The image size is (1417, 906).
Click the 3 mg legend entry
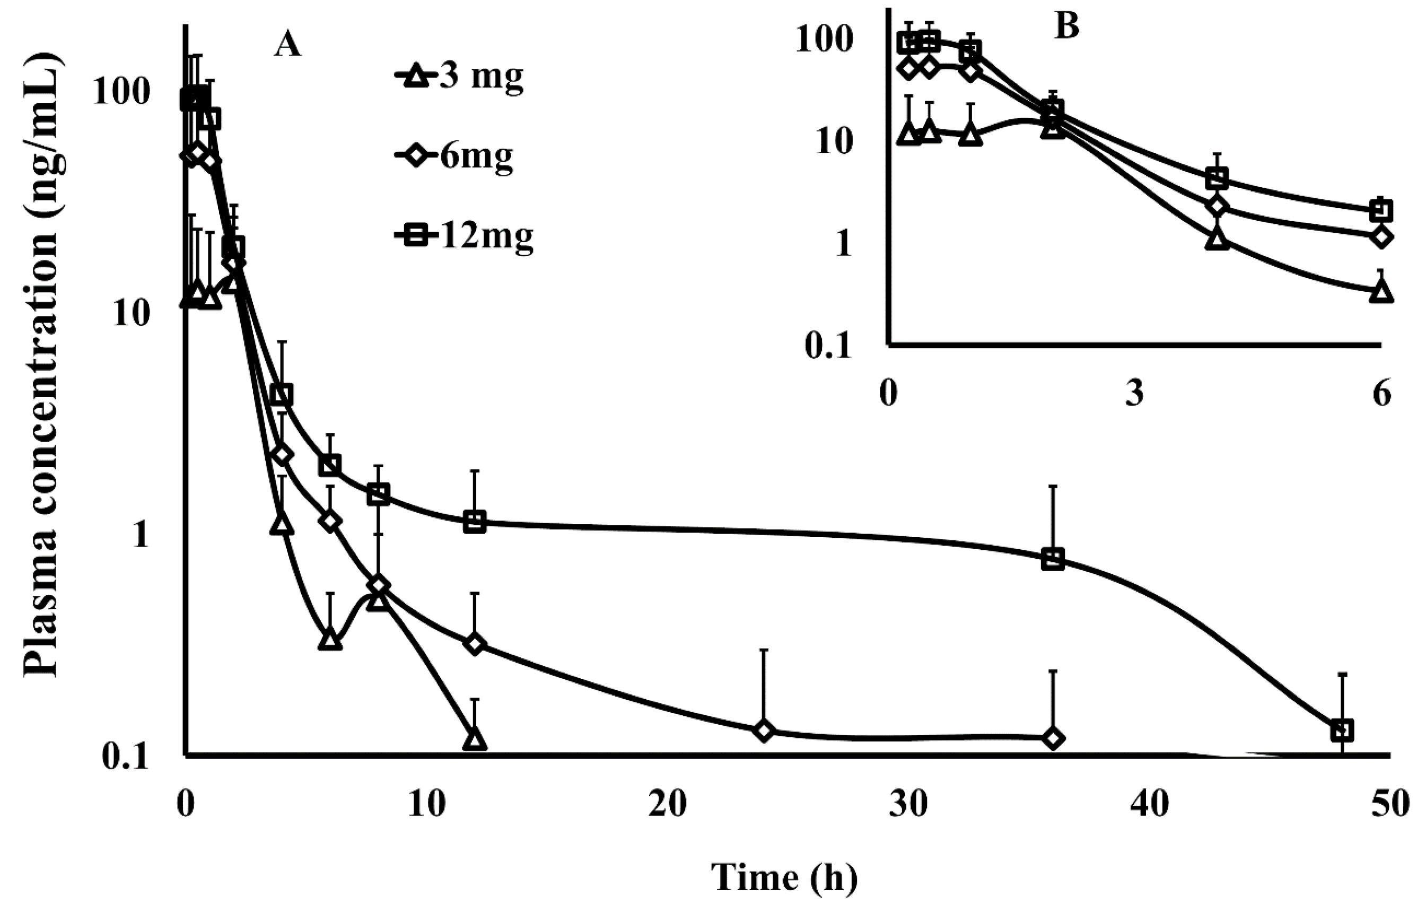459,77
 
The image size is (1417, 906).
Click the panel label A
287,44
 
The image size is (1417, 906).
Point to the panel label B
1067,27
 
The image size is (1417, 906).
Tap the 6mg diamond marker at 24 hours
763,731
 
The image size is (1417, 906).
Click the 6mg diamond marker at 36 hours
1053,738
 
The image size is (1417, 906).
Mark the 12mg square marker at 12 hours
474,522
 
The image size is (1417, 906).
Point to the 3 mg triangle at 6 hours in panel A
330,640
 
